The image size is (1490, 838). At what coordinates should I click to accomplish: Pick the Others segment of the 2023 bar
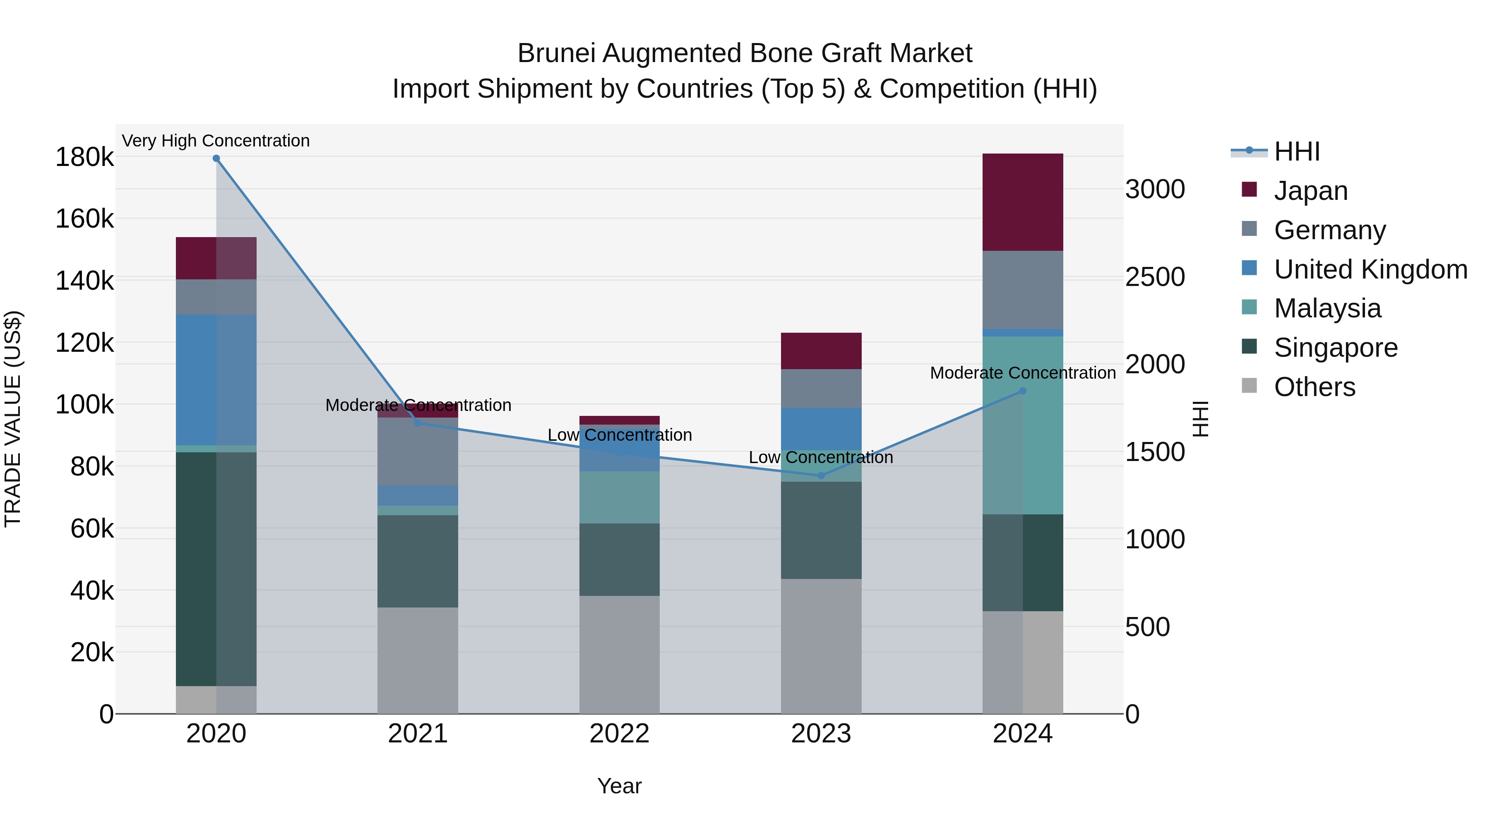(x=821, y=646)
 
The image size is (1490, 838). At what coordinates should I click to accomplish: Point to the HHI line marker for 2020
(x=216, y=158)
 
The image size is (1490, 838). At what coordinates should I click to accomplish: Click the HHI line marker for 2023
(x=821, y=475)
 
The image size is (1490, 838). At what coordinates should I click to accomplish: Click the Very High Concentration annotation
(x=216, y=141)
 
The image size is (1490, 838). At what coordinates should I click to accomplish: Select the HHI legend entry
(x=1297, y=151)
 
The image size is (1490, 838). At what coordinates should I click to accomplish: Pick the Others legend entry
(x=1314, y=387)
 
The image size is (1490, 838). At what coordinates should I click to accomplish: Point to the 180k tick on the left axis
(x=84, y=157)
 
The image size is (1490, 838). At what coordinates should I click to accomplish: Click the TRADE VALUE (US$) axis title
(x=13, y=419)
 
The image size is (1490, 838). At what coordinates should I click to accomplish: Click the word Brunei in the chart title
(x=555, y=53)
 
